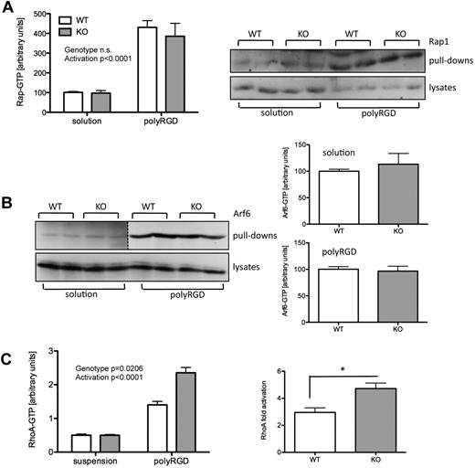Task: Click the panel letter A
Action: coord(8,8)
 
